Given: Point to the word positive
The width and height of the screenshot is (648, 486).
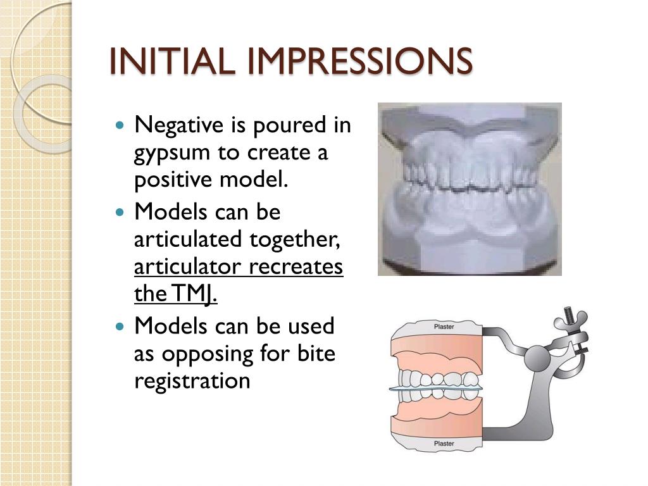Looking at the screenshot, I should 173,181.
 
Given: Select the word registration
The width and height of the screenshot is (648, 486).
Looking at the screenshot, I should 192,381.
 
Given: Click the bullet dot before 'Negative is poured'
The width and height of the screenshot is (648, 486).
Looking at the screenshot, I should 122,125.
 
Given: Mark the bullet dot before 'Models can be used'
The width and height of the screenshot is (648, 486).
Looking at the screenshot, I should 122,327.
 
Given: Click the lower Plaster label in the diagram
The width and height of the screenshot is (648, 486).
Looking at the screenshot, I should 443,444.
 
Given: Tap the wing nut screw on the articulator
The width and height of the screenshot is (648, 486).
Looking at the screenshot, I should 570,320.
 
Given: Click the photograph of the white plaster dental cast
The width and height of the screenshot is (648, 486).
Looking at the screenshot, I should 470,189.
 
